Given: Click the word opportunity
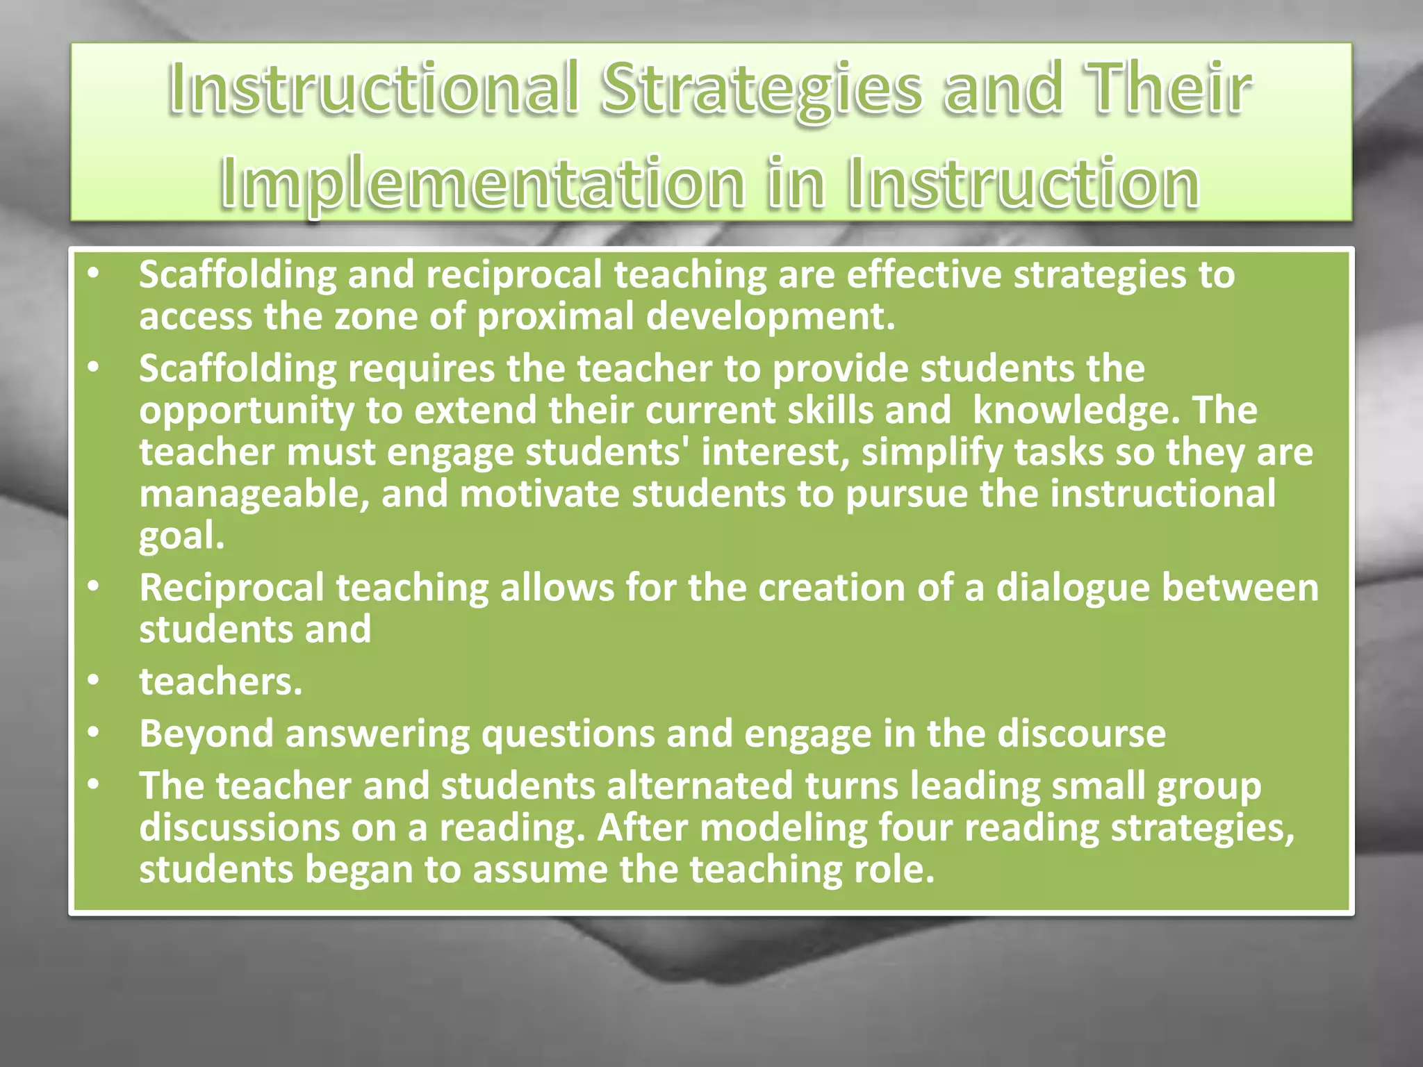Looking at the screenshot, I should [x=247, y=411].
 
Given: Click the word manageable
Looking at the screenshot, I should [x=254, y=494].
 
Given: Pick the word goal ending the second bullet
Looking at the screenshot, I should [x=181, y=536].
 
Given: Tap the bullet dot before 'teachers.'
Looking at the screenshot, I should [x=93, y=680].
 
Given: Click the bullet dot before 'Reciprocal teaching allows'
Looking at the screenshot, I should [x=93, y=586].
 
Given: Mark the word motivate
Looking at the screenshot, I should [x=539, y=494].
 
